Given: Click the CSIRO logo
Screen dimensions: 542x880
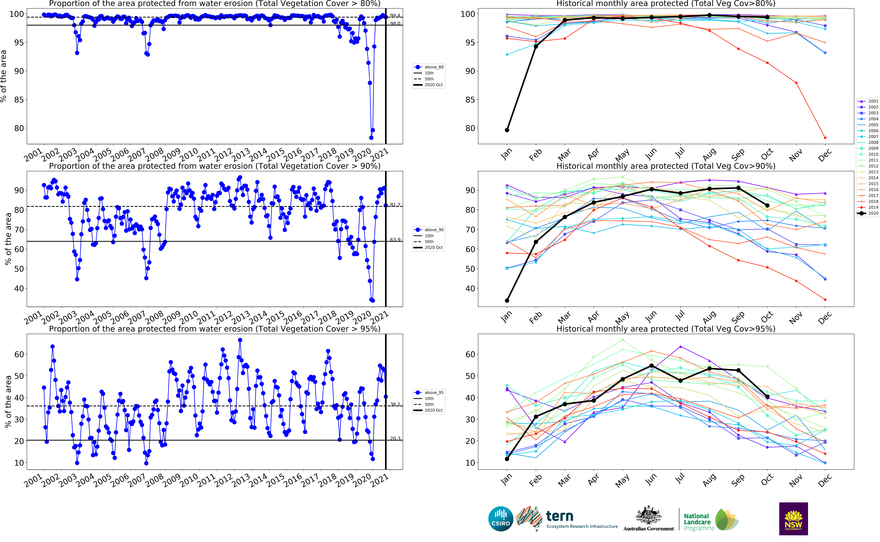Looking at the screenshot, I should click(501, 519).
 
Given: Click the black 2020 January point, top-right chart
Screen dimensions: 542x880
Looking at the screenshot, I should click(507, 130).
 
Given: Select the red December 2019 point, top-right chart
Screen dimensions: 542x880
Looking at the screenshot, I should click(825, 138).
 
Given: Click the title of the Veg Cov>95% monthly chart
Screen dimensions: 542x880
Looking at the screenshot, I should click(666, 329).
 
